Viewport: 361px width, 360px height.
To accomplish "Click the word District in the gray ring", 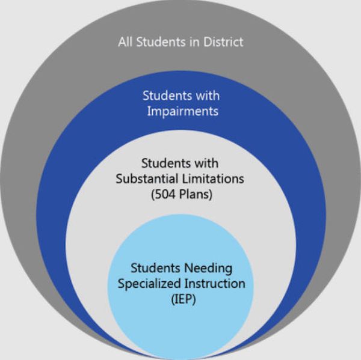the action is click(x=223, y=42).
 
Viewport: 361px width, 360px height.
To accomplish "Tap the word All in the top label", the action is click(x=126, y=42).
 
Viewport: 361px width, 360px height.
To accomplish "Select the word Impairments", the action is click(x=183, y=111).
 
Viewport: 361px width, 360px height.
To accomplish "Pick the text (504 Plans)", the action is click(x=182, y=194).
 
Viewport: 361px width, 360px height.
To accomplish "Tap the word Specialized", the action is click(x=150, y=284).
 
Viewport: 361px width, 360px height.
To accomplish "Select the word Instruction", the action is click(x=215, y=284).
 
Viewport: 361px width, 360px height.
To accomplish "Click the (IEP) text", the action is click(x=184, y=299).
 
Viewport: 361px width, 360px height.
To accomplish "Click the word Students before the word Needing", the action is click(x=155, y=268).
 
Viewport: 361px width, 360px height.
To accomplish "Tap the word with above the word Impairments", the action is click(x=208, y=96).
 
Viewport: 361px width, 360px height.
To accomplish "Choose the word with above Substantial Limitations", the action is click(x=206, y=163).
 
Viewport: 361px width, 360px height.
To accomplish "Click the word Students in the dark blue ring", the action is click(x=167, y=96).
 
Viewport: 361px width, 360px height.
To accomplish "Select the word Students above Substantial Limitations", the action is click(x=166, y=163).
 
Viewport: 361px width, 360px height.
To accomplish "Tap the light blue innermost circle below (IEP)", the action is click(x=180, y=331).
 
